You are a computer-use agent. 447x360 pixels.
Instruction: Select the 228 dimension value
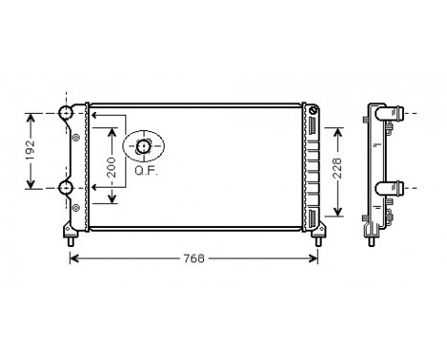[335, 169]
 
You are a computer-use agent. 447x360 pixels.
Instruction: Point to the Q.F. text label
[145, 171]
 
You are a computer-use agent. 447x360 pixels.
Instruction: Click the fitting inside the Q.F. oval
[144, 146]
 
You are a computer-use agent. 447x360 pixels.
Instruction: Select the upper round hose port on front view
[67, 114]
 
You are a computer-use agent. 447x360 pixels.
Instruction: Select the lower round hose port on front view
[67, 187]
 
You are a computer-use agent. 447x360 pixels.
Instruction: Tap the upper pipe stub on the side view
[393, 114]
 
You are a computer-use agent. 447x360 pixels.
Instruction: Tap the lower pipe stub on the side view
[393, 187]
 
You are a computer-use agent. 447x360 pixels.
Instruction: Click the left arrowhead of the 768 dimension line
[75, 259]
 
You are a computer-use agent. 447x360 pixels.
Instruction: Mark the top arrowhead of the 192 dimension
[32, 117]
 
